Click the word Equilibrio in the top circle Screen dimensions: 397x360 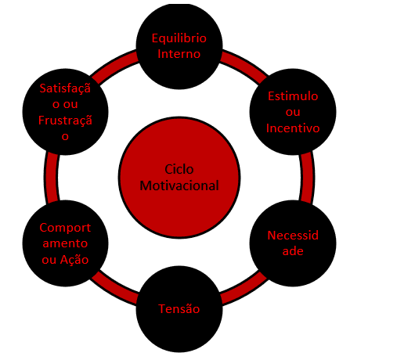tap(179, 39)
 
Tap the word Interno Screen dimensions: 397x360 tap(179, 54)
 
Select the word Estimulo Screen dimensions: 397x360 tap(293, 96)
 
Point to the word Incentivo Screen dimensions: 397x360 tap(293, 128)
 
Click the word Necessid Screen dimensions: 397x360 tap(293, 236)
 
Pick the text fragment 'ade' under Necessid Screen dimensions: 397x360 tap(293, 251)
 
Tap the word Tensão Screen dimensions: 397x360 tap(179, 309)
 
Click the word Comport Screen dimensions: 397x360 tap(65, 228)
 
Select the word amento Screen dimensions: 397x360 tap(65, 243)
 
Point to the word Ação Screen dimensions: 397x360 tap(74, 260)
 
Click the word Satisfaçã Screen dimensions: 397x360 tap(65, 88)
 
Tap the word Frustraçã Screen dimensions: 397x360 tap(65, 120)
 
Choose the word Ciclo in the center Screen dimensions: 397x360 tap(179, 170)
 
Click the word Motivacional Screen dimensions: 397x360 tap(179, 185)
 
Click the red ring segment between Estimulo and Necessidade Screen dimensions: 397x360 tap(308, 178)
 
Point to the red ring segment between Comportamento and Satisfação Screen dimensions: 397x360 tap(51, 178)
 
